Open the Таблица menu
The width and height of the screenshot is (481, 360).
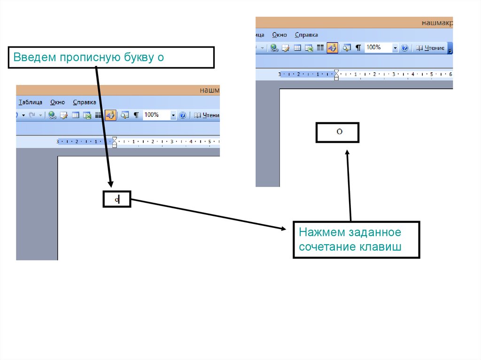(31, 102)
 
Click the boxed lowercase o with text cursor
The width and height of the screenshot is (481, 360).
(117, 200)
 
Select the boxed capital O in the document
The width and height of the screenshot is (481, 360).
(339, 132)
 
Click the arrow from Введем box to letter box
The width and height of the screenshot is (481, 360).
(104, 127)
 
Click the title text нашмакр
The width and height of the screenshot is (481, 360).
(436, 22)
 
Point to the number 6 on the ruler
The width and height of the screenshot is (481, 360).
(450, 74)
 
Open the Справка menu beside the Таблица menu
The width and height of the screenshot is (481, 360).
(85, 102)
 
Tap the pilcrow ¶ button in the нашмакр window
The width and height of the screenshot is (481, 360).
(358, 48)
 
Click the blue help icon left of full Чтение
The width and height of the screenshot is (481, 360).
(405, 48)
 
